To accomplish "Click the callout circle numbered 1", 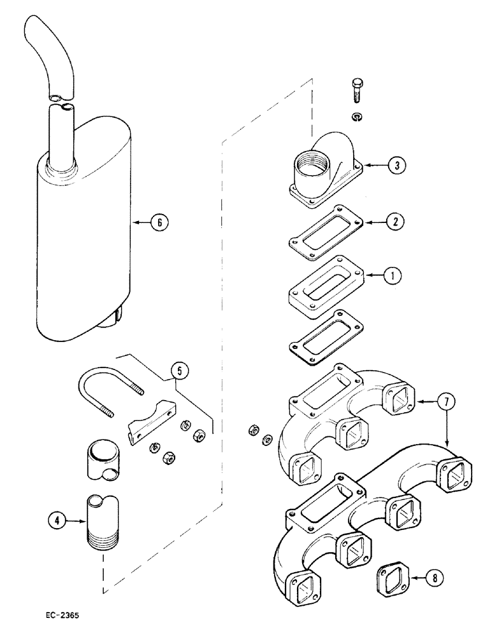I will point(393,276).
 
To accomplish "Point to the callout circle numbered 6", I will point(160,222).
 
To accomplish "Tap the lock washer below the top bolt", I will point(357,116).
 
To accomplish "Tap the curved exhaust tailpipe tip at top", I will point(48,54).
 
